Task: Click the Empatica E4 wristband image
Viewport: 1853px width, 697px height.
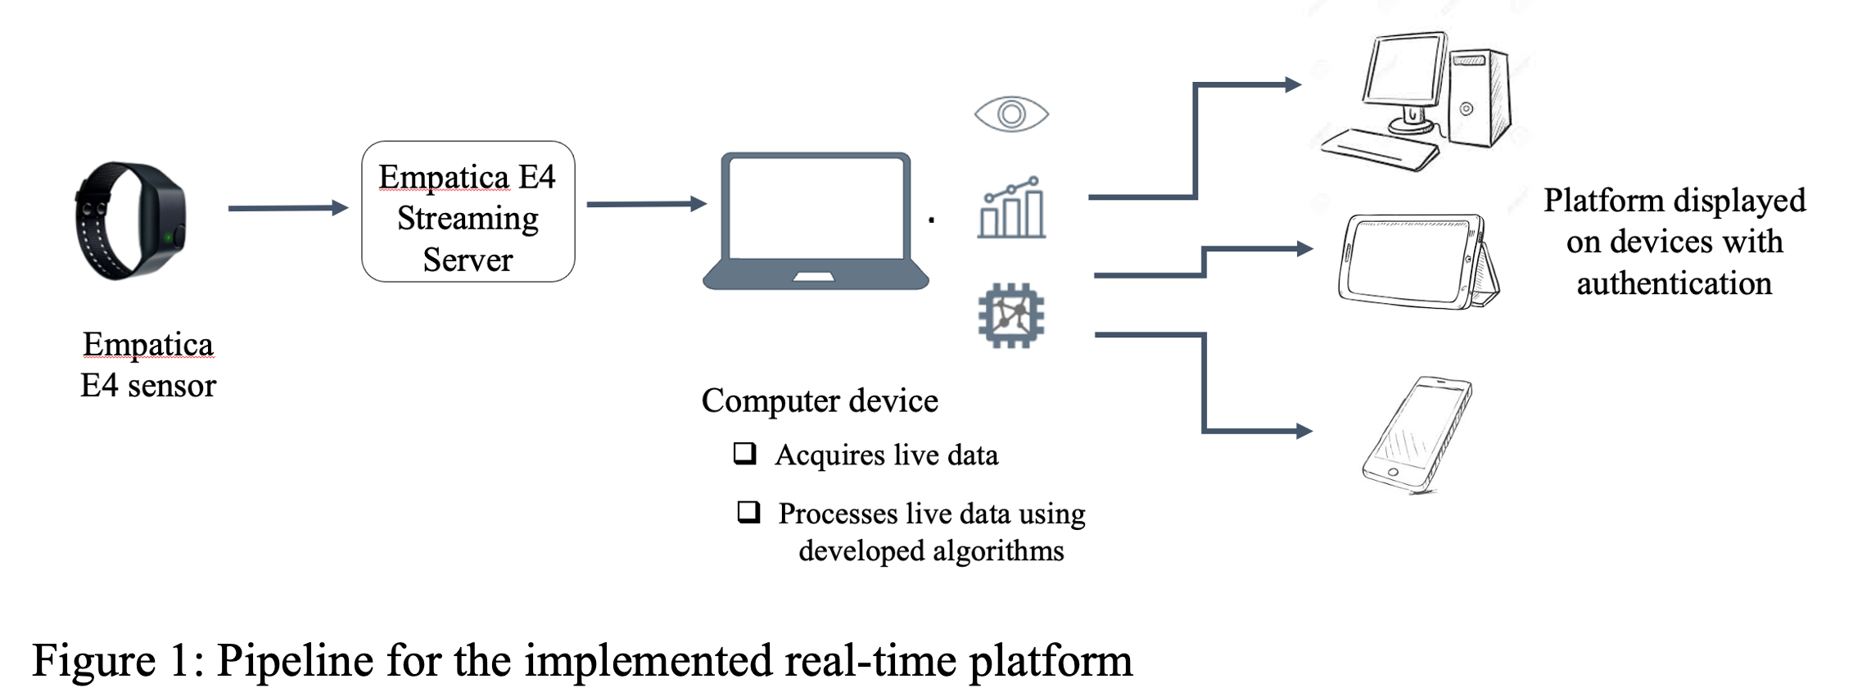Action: (131, 221)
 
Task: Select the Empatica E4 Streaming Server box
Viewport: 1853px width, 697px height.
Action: (468, 212)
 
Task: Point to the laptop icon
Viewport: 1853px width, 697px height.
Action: (816, 220)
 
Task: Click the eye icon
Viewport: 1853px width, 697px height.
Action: (1011, 114)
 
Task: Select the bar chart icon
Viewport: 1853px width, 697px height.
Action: (1012, 209)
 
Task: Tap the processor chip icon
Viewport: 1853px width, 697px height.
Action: (1011, 315)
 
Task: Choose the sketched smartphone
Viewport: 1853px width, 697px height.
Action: (1417, 434)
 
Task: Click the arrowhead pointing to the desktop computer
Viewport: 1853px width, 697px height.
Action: (1293, 84)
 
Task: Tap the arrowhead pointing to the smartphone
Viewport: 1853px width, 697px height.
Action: (1304, 431)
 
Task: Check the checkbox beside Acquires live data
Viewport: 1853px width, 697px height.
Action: (744, 453)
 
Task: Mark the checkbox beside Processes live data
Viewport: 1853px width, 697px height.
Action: (748, 512)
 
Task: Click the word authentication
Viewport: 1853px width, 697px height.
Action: (1674, 283)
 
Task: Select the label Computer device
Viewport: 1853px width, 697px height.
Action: (820, 401)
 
